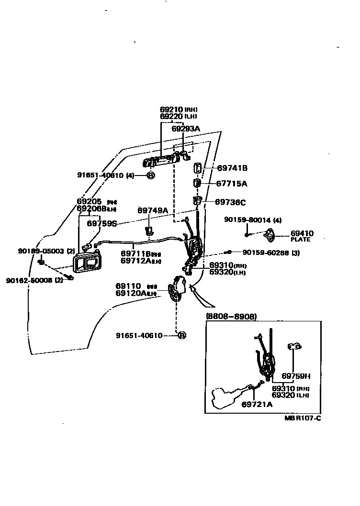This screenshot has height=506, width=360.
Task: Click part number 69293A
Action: (x=186, y=128)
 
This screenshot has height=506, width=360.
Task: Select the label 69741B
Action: (x=232, y=168)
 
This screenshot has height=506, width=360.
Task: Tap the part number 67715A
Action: (x=232, y=184)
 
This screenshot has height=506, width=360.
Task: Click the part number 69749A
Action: (x=153, y=210)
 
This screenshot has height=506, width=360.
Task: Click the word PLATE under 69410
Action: (x=300, y=240)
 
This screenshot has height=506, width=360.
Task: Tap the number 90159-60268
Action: (x=265, y=253)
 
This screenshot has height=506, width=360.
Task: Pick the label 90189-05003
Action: (x=41, y=251)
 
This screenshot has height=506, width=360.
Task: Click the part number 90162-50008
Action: (x=29, y=280)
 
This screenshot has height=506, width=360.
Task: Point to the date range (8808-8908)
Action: (x=231, y=317)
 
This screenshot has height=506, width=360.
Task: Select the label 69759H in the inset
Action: (x=296, y=375)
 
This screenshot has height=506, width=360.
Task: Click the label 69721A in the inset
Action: (x=257, y=405)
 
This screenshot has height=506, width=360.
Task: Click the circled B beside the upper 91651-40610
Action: (x=150, y=176)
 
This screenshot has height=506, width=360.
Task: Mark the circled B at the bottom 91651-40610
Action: (x=181, y=336)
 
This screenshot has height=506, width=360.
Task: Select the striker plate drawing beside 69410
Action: (x=272, y=235)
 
